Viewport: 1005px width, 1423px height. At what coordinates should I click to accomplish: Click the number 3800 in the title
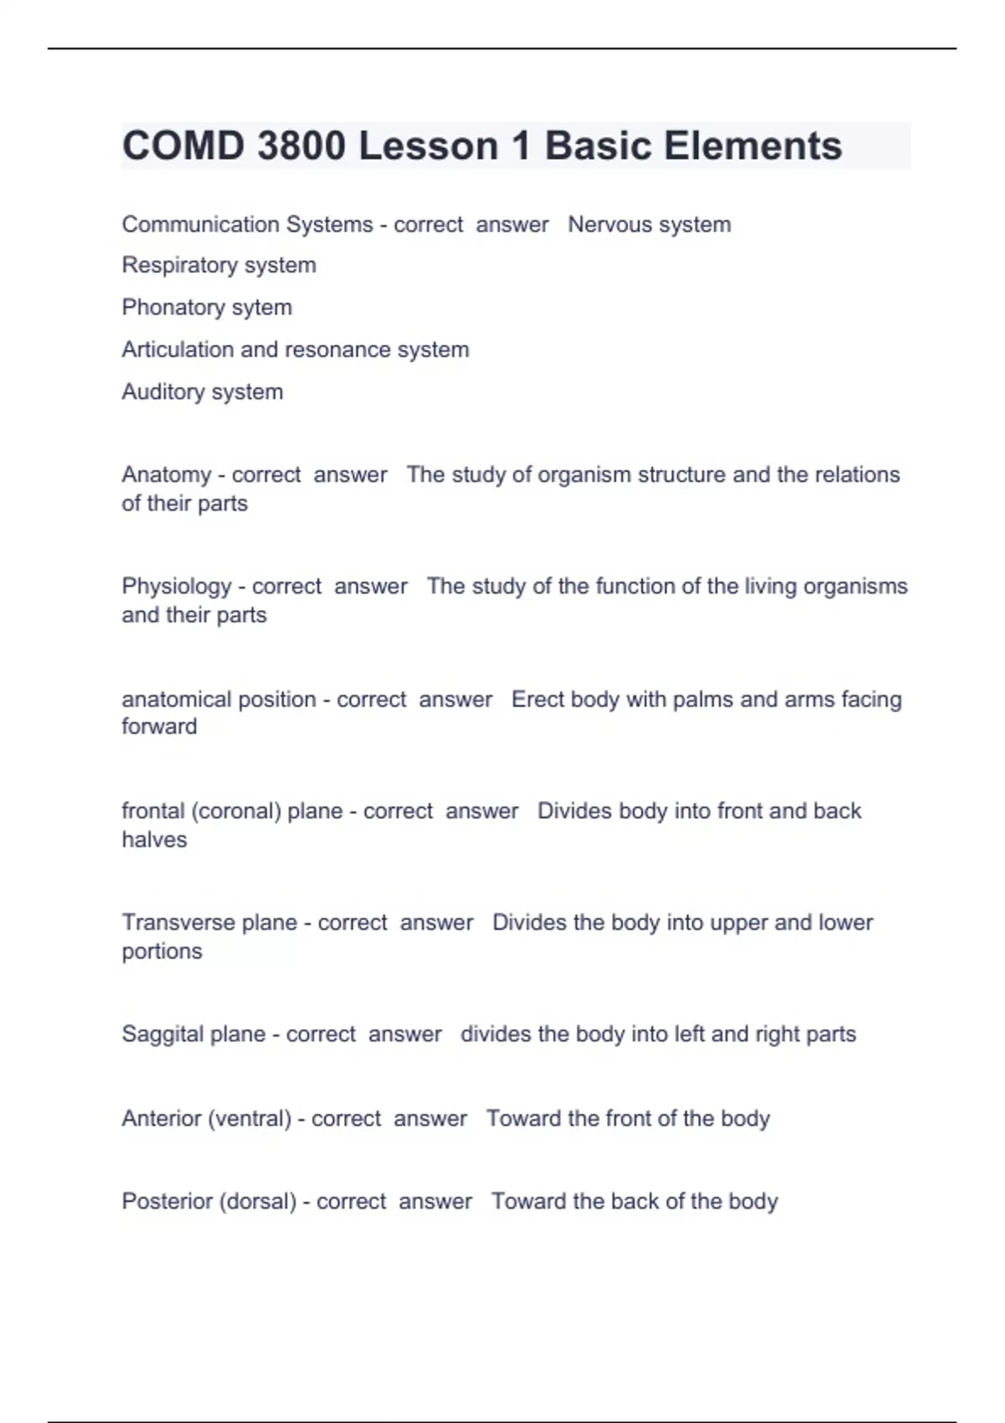[x=301, y=146]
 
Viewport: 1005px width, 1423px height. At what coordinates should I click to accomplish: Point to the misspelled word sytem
[x=261, y=307]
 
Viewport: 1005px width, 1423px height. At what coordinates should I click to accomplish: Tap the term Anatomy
[x=167, y=475]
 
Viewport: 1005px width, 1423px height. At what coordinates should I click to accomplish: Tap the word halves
[x=154, y=840]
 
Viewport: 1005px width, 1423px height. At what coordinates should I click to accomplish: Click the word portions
[x=162, y=951]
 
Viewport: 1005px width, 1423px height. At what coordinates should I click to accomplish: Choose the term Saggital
[x=162, y=1034]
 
